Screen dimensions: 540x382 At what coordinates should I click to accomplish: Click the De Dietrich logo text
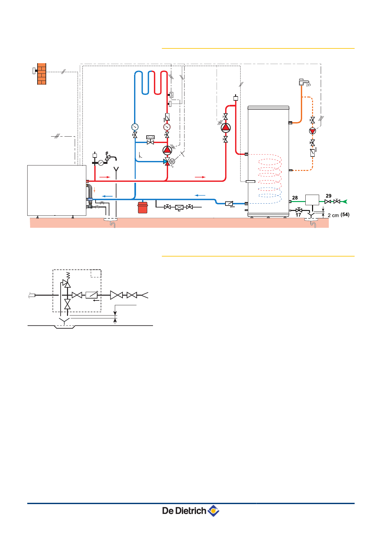(x=184, y=511)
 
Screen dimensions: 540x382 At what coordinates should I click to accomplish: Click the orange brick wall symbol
(x=42, y=74)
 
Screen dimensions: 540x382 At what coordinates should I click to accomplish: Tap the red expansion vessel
(x=143, y=208)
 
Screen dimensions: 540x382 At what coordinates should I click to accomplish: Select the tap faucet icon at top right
(x=304, y=82)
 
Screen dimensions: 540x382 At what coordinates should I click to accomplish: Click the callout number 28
(x=295, y=198)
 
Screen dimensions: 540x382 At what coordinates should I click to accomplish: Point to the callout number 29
(x=328, y=196)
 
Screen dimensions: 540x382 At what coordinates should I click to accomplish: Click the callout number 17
(x=298, y=215)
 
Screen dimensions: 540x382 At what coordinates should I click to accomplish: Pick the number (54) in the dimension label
(x=345, y=215)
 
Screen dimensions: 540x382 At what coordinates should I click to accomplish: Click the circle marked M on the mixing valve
(x=172, y=161)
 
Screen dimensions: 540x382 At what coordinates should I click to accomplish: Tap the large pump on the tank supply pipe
(x=226, y=128)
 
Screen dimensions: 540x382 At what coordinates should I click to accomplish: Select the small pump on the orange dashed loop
(x=312, y=131)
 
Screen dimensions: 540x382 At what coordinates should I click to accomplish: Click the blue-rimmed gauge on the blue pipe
(x=135, y=127)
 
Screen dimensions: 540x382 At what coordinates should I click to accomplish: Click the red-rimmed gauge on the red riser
(x=167, y=127)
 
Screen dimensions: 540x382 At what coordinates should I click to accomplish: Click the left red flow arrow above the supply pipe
(x=105, y=177)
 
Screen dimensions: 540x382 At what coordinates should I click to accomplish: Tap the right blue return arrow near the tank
(x=200, y=195)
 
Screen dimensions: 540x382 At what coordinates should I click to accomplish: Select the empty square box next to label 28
(x=312, y=200)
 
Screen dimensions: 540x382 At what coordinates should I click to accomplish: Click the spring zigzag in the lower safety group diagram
(x=68, y=275)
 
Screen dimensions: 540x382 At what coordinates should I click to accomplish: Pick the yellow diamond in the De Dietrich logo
(x=213, y=510)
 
